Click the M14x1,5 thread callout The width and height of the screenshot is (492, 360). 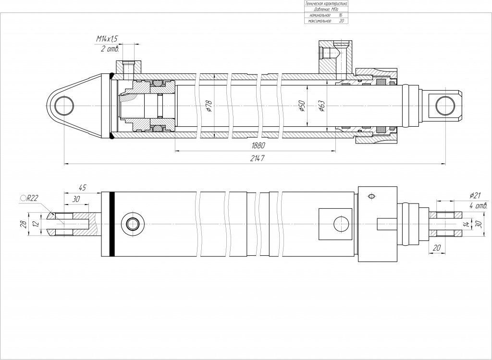[107, 38]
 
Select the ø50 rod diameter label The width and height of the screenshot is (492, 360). [302, 106]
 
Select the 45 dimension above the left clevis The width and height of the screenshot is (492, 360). [82, 188]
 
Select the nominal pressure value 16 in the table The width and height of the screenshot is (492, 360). [341, 15]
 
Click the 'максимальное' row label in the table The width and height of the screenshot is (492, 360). [317, 21]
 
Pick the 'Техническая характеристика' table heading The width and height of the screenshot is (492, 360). [326, 3]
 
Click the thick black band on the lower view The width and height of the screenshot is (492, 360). [112, 224]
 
